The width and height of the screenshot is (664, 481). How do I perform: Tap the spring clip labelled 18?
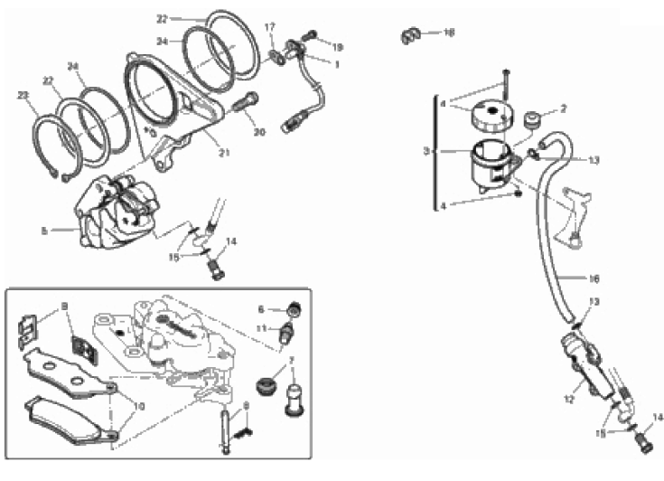(x=412, y=35)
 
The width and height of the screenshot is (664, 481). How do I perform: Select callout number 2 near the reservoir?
(x=562, y=108)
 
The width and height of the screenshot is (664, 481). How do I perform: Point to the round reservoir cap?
(x=489, y=116)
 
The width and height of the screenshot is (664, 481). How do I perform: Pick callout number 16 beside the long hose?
(x=594, y=278)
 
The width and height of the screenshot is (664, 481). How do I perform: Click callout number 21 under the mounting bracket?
(x=224, y=152)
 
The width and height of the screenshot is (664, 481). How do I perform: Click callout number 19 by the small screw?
(x=338, y=46)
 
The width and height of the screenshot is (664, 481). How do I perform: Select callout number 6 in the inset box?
(x=260, y=309)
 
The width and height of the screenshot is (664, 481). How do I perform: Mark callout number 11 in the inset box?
(x=260, y=327)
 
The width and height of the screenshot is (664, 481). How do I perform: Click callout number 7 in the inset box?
(x=292, y=361)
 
